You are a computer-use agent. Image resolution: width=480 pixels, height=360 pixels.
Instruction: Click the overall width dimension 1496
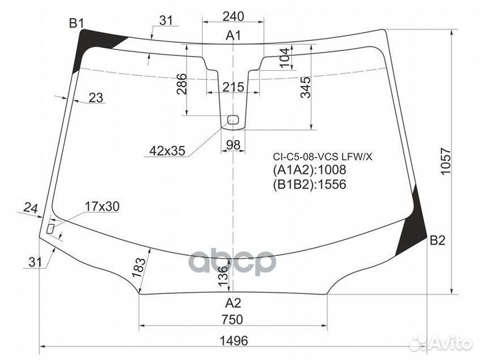pyautogui.click(x=233, y=340)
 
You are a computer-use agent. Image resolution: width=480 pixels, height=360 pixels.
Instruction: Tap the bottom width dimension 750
pyautogui.click(x=233, y=319)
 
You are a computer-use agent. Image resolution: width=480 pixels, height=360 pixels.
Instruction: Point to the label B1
pyautogui.click(x=77, y=25)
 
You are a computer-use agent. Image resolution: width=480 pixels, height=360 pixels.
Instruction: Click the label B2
pyautogui.click(x=437, y=241)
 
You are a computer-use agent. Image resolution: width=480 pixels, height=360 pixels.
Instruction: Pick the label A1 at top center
pyautogui.click(x=233, y=36)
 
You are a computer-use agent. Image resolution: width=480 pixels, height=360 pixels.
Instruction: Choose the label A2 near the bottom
pyautogui.click(x=233, y=302)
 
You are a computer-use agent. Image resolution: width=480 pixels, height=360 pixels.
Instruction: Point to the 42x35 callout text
pyautogui.click(x=167, y=151)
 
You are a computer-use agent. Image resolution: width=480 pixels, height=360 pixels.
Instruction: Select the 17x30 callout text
pyautogui.click(x=102, y=207)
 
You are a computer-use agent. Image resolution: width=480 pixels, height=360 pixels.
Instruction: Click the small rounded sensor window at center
pyautogui.click(x=233, y=120)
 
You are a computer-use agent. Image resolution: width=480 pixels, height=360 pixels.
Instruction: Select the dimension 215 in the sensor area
pyautogui.click(x=233, y=88)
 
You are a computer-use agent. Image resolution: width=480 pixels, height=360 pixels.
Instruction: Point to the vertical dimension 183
pyautogui.click(x=139, y=267)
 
